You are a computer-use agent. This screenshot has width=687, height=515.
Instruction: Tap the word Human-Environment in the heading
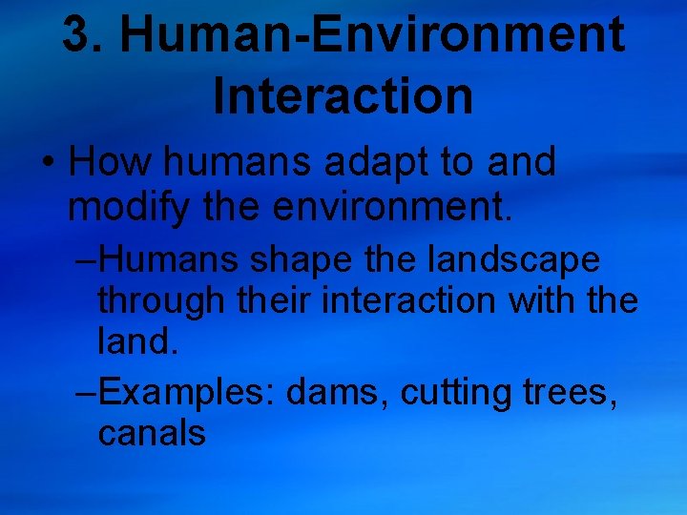pos(374,35)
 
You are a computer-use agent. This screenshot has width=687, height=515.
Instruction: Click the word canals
pos(152,434)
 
